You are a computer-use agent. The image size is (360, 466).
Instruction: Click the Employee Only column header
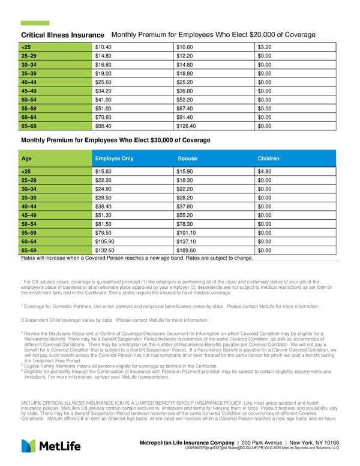[114, 159]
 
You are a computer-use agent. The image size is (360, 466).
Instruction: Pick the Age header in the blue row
[26, 159]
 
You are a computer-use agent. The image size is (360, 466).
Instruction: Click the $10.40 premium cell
[103, 46]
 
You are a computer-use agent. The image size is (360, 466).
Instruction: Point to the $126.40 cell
[187, 126]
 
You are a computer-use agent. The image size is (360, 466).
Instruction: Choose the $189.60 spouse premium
[187, 250]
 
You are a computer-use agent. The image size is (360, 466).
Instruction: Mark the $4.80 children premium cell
[264, 171]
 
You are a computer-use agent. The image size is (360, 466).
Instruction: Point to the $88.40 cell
[103, 126]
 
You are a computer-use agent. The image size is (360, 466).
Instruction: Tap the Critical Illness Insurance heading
[62, 35]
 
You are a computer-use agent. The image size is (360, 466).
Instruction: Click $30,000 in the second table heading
[166, 140]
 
